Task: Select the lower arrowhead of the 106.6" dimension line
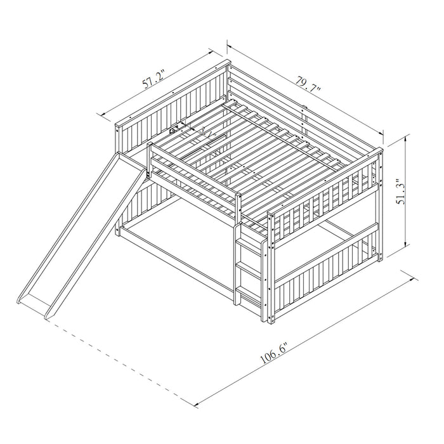pyautogui.click(x=193, y=403)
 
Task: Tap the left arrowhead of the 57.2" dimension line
pyautogui.click(x=100, y=114)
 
